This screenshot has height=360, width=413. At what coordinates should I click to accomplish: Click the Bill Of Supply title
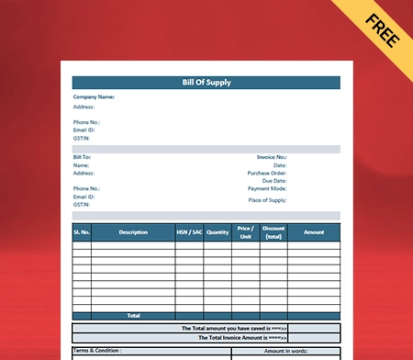tap(206, 83)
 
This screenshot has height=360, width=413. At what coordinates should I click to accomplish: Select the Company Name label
tap(94, 96)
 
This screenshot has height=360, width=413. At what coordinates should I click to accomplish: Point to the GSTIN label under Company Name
tap(82, 138)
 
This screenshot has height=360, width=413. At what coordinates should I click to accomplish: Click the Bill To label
tap(82, 157)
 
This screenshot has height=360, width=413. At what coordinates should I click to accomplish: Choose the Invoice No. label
tap(272, 157)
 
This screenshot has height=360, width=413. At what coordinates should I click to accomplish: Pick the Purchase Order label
tap(267, 173)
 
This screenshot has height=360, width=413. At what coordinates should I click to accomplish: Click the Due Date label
tap(273, 181)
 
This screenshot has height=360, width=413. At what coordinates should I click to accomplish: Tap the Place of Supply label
tap(267, 199)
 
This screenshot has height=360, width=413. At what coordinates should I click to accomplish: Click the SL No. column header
tap(82, 232)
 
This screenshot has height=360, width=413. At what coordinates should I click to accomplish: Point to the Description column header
tap(133, 232)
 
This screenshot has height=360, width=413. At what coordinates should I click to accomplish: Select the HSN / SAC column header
tap(189, 232)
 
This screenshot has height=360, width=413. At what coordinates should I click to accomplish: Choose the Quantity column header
tap(218, 232)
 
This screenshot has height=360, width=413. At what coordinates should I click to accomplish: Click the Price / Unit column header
tap(245, 232)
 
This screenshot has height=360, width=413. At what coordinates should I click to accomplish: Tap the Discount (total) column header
tap(273, 232)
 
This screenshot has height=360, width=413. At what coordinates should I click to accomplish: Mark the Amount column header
tap(314, 232)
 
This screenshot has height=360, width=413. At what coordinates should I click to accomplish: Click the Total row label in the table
tap(133, 315)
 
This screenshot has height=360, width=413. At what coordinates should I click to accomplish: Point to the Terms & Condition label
tap(97, 350)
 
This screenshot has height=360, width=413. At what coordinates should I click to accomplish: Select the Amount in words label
tap(286, 350)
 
